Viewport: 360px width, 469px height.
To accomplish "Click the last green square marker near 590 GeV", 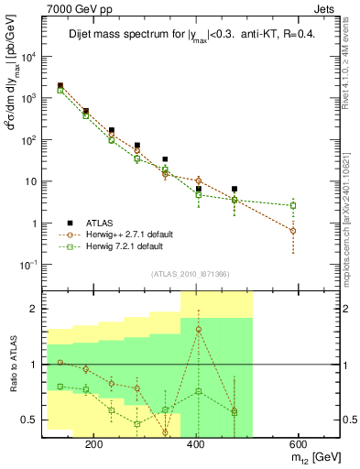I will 319,205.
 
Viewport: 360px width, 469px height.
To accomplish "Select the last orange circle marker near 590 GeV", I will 319,231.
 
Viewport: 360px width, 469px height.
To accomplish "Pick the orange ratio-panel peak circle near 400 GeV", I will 199,329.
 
